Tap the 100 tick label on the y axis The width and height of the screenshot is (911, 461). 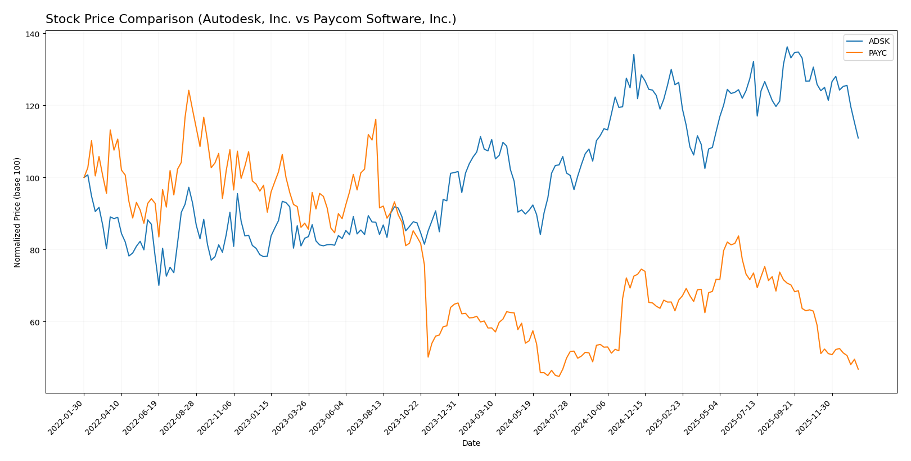coord(33,178)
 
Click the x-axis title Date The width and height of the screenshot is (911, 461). coord(471,444)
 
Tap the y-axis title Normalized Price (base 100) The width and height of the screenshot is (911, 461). coord(17,212)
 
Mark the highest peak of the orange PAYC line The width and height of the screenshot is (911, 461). coord(188,90)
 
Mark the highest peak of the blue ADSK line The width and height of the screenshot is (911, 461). coord(787,47)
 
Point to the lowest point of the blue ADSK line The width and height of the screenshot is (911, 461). coord(159,285)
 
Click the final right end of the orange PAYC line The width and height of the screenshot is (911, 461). coord(858,369)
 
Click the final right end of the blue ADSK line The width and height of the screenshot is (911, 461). coord(858,138)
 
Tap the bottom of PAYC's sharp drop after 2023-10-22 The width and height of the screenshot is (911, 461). coord(428,357)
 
